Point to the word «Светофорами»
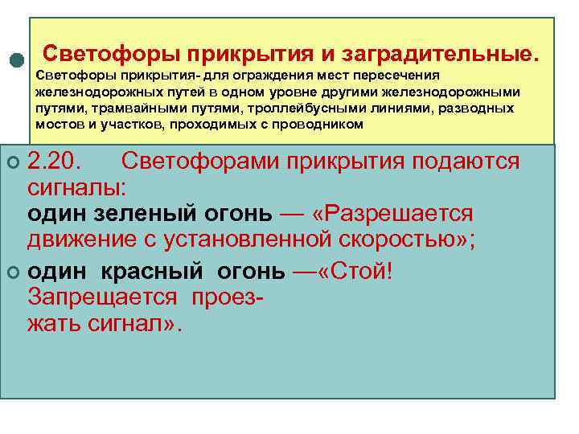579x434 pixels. point(199,161)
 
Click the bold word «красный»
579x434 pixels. point(141,271)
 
